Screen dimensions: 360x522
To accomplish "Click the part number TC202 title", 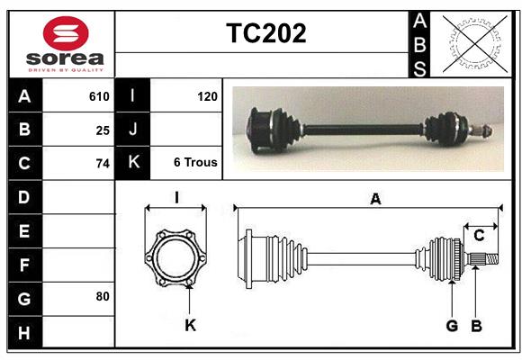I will coord(265,33).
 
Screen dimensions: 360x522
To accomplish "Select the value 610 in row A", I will coord(99,96).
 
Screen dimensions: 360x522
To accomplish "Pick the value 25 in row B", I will coord(103,130).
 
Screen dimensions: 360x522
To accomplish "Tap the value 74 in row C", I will coord(103,164).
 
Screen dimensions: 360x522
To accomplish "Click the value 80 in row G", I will coord(103,296).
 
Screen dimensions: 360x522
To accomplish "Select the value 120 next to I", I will coord(207,94).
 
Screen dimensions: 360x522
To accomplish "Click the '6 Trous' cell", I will coord(195,163).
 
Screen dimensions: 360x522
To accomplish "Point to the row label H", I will coord(24,334).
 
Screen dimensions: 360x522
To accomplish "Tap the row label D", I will coord(24,196).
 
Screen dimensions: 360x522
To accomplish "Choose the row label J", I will coord(133,130).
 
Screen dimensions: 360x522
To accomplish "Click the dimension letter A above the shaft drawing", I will coord(375,200).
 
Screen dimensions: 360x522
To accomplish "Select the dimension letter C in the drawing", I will coord(479,236).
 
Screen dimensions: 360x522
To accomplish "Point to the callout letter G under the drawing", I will coord(452,325).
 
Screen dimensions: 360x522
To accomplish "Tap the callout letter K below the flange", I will coord(190,325).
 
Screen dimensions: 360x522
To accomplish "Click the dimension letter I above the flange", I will coord(177,198).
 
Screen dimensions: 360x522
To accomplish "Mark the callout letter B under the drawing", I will coord(476,325).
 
